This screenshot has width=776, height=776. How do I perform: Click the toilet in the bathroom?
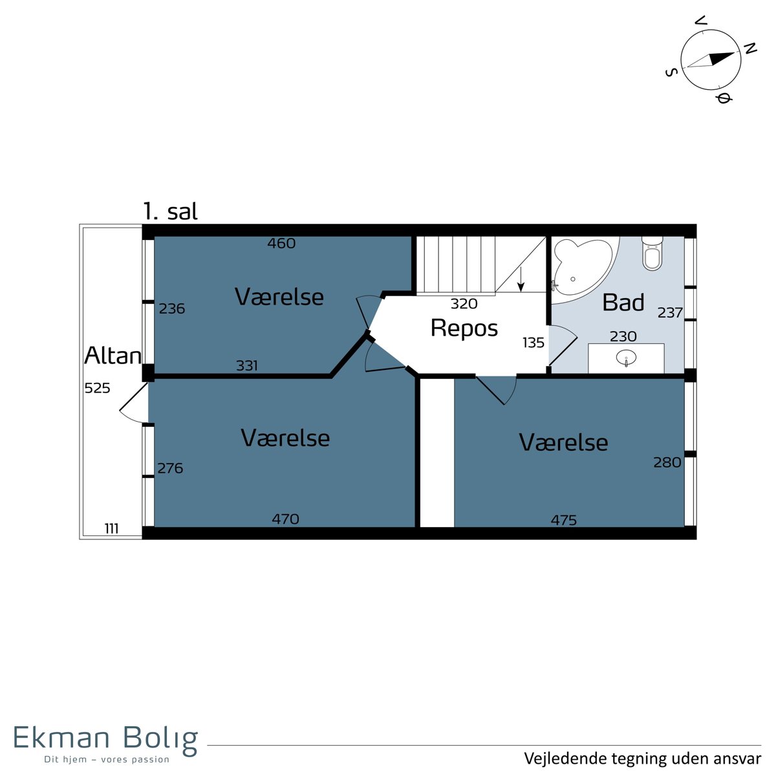click(x=652, y=253)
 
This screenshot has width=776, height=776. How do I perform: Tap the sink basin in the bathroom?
click(x=626, y=357)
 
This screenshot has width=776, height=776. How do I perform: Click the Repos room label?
click(x=464, y=329)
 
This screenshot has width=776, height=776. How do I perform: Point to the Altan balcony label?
click(x=113, y=356)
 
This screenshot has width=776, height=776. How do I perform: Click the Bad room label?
click(x=623, y=302)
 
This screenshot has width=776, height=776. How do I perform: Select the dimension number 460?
click(x=281, y=243)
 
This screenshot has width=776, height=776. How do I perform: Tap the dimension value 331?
click(x=246, y=365)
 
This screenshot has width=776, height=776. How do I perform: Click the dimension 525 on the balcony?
click(x=97, y=388)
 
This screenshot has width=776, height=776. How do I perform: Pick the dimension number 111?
click(x=111, y=528)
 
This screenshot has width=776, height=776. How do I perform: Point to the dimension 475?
click(x=563, y=521)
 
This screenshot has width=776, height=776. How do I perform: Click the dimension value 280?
click(x=667, y=462)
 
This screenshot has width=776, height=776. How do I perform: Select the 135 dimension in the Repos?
click(x=533, y=343)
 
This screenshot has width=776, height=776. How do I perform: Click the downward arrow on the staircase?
click(x=521, y=279)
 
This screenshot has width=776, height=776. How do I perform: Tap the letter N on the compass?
click(x=750, y=48)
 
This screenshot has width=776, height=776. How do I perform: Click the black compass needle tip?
click(x=735, y=54)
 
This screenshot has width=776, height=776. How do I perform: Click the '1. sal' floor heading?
click(x=170, y=211)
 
